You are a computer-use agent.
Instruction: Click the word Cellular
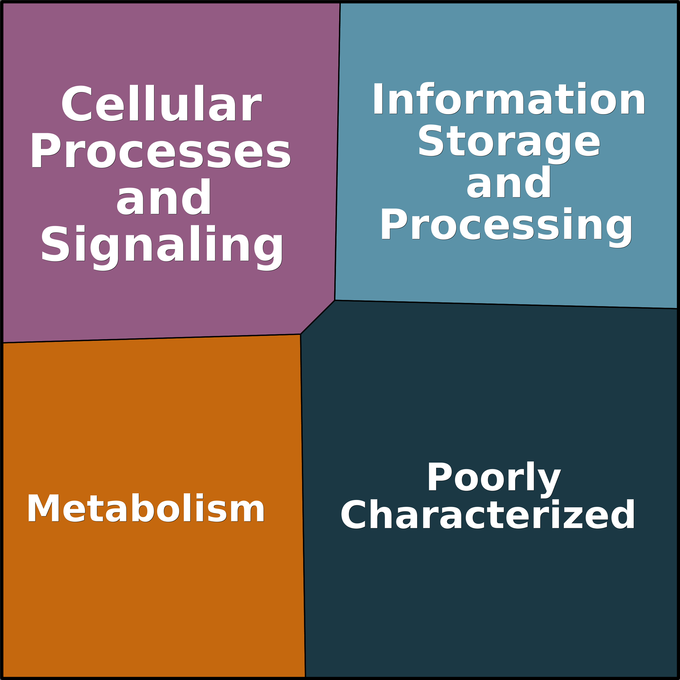pyautogui.click(x=162, y=103)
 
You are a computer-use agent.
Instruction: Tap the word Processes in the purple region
pyautogui.click(x=161, y=150)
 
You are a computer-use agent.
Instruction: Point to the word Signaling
pyautogui.click(x=162, y=247)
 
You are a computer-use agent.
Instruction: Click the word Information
pyautogui.click(x=509, y=99)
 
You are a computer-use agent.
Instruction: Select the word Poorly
pyautogui.click(x=494, y=480)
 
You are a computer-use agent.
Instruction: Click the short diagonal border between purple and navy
pyautogui.click(x=318, y=317)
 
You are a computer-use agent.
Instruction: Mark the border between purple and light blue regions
pyautogui.click(x=337, y=151)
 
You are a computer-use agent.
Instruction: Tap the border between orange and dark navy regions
pyautogui.click(x=303, y=506)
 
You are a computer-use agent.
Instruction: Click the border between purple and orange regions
pyautogui.click(x=151, y=338)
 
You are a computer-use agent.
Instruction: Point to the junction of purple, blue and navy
pyautogui.click(x=335, y=300)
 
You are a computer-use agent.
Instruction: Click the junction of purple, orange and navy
pyautogui.click(x=300, y=334)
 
